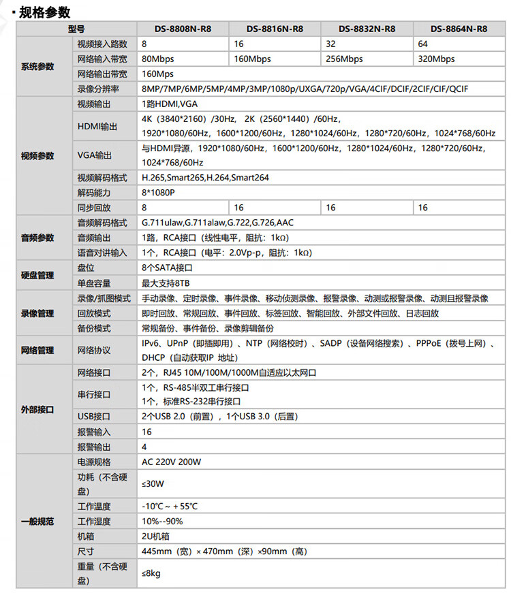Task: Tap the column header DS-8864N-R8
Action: coord(459,29)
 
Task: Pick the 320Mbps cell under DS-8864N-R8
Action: coord(437,59)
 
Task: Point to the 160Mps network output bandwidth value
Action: coord(157,74)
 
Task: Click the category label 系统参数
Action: coord(37,67)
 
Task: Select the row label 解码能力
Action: coord(94,193)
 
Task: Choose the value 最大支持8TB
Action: coord(166,283)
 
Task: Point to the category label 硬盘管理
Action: coord(37,276)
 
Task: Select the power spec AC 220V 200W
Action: coord(171,462)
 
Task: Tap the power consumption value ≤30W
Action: coord(153,484)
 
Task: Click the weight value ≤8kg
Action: coord(151,574)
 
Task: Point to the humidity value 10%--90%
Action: coord(162,522)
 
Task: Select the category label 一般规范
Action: coord(37,522)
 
